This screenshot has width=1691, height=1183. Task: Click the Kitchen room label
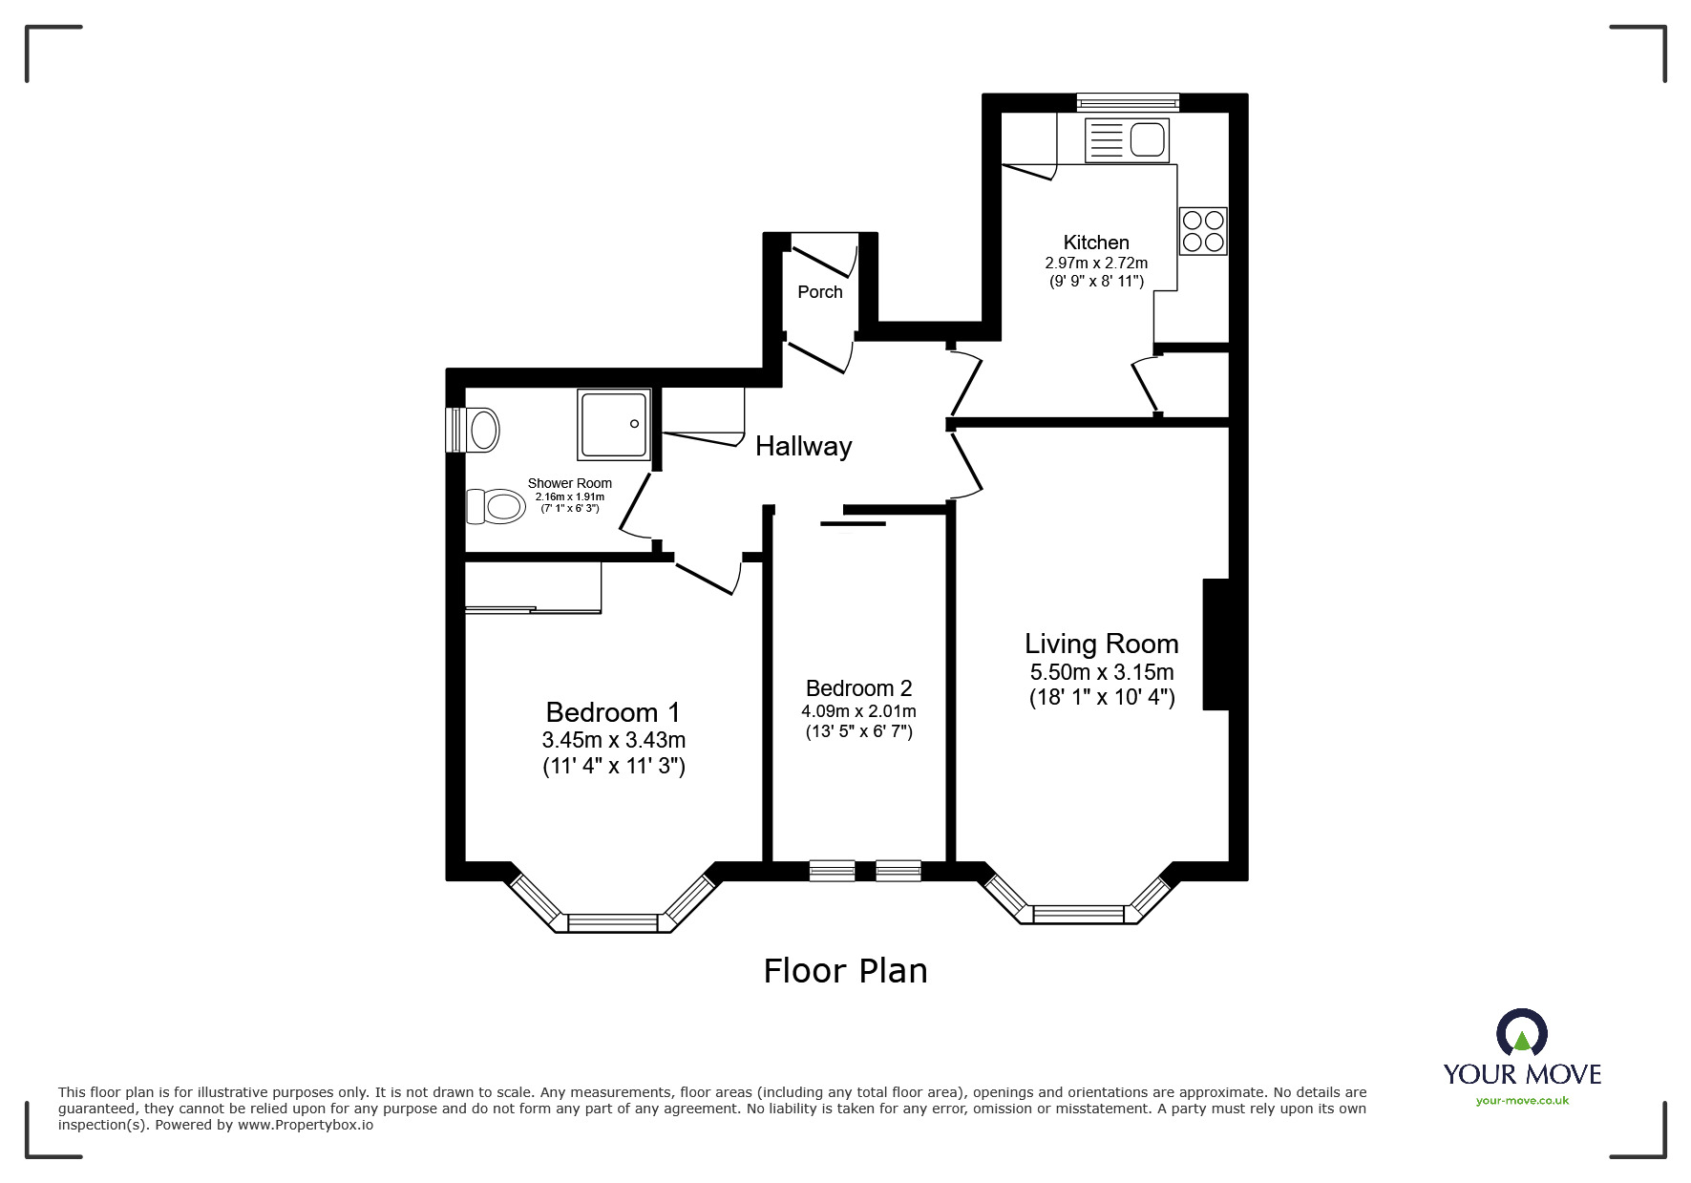pyautogui.click(x=1096, y=243)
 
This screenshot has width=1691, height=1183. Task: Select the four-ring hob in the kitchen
pyautogui.click(x=1203, y=231)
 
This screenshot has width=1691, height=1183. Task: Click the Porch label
pyautogui.click(x=820, y=292)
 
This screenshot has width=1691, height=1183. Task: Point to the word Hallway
pyautogui.click(x=804, y=446)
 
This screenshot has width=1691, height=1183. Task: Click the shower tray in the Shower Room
pyautogui.click(x=614, y=424)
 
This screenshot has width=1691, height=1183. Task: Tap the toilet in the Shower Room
pyautogui.click(x=497, y=506)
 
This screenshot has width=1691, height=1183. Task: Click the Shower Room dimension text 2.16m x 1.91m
pyautogui.click(x=570, y=496)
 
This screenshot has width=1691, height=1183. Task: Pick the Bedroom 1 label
pyautogui.click(x=613, y=712)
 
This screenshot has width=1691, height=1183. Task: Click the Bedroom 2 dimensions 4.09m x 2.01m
pyautogui.click(x=858, y=711)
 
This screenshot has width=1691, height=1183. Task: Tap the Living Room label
pyautogui.click(x=1102, y=644)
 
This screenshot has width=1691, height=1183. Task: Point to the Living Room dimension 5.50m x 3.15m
pyautogui.click(x=1102, y=672)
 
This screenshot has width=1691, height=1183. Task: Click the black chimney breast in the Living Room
pyautogui.click(x=1215, y=644)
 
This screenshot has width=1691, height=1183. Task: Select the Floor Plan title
pyautogui.click(x=845, y=971)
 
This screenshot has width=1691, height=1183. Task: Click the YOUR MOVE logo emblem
pyautogui.click(x=1522, y=1034)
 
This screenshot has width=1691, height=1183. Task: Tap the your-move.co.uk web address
pyautogui.click(x=1522, y=1101)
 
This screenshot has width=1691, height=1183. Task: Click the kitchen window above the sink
pyautogui.click(x=1128, y=102)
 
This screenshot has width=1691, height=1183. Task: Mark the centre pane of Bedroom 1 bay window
pyautogui.click(x=613, y=922)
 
